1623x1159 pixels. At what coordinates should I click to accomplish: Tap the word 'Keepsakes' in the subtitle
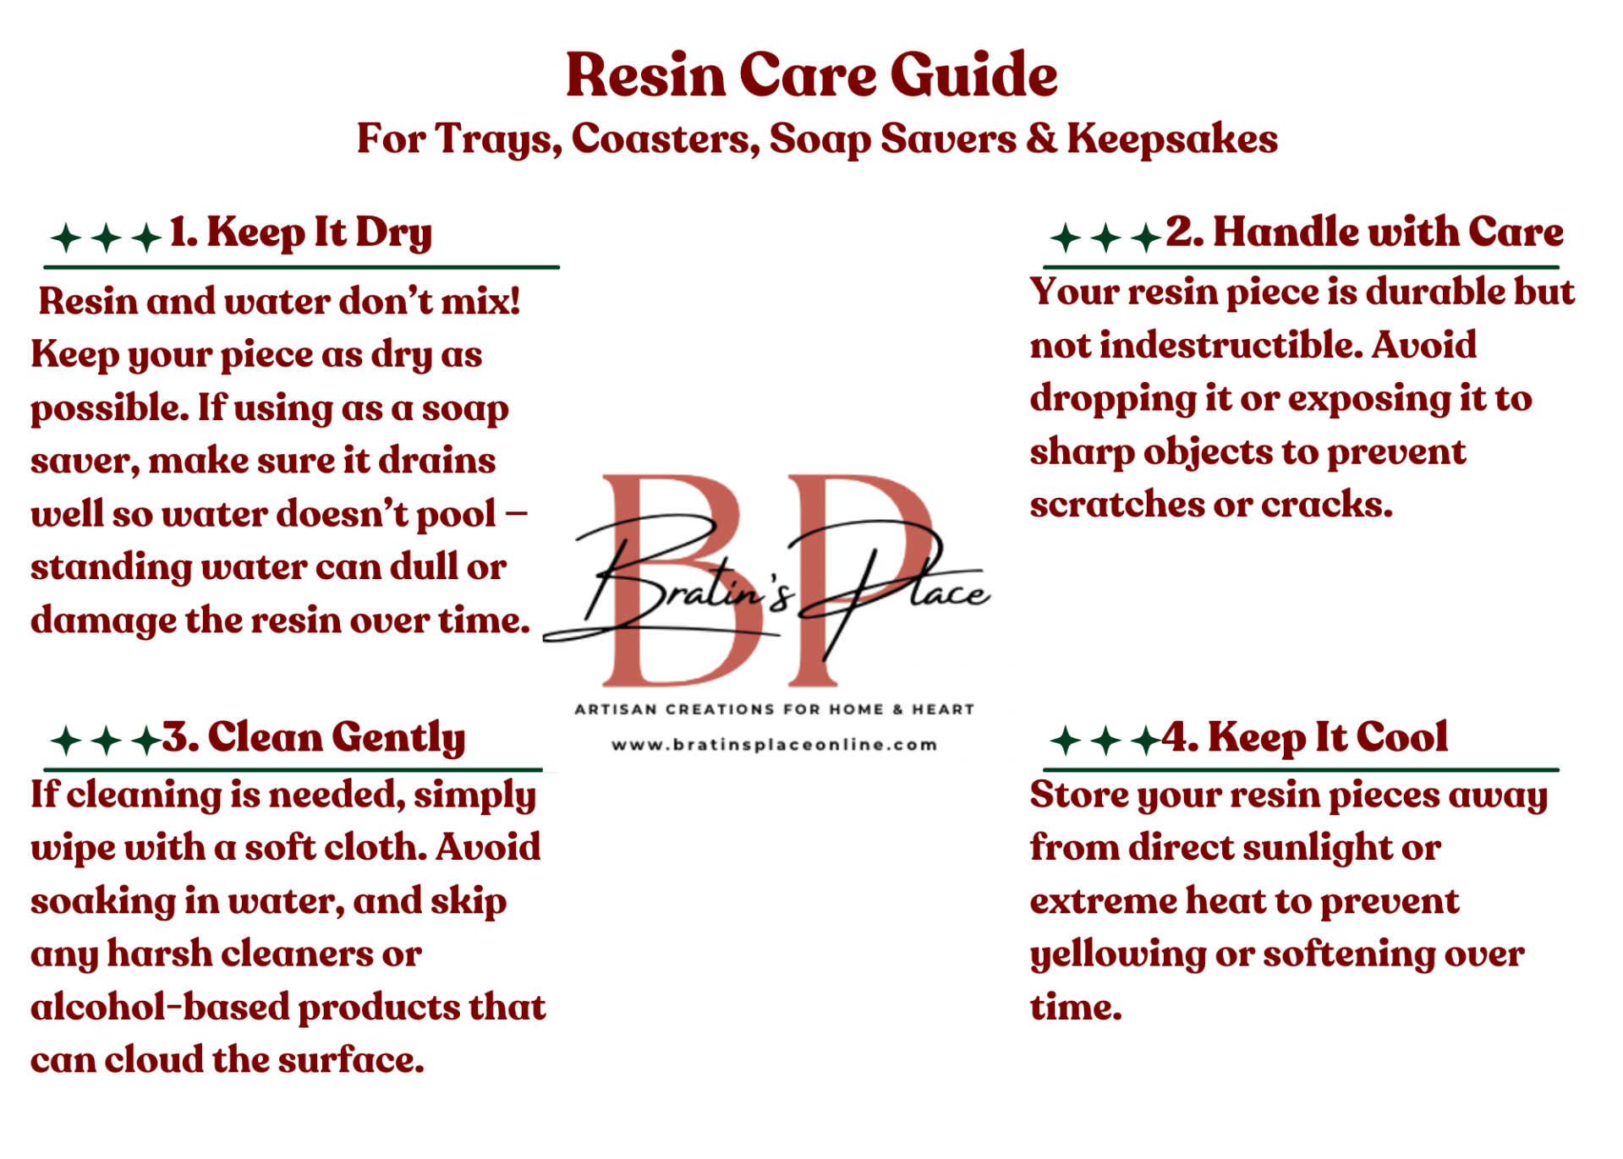[x=1172, y=140]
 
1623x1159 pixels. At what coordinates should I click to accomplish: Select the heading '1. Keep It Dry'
[x=300, y=233]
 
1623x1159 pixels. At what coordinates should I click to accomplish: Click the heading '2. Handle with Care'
[x=1364, y=232]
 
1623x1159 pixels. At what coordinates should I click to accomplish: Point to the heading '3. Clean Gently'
[x=313, y=738]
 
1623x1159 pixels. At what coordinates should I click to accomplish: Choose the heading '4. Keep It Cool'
[x=1304, y=737]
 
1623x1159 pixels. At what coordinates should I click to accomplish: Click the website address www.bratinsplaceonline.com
[x=774, y=746]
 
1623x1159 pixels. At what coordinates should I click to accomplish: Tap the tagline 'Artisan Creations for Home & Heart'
[x=774, y=709]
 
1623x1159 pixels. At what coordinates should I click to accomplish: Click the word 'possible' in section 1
[x=110, y=410]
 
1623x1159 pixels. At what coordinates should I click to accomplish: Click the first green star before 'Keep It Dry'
[x=66, y=238]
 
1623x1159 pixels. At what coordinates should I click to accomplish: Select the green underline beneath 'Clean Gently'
[x=293, y=770]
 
